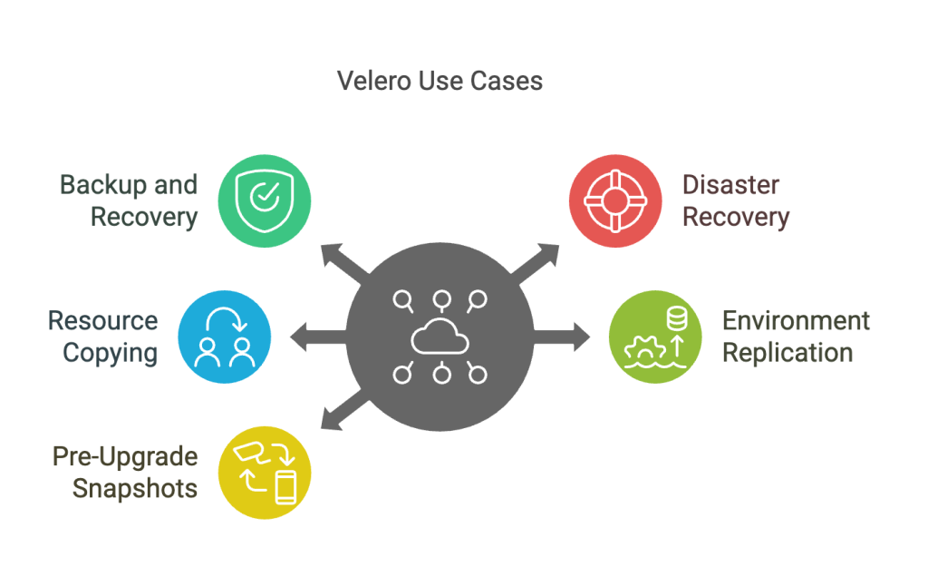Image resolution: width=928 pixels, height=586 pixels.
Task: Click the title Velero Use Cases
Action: [440, 81]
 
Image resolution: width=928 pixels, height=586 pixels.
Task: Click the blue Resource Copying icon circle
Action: [224, 337]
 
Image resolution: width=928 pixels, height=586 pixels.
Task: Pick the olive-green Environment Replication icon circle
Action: [654, 337]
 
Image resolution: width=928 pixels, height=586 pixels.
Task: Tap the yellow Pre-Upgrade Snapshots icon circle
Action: [265, 474]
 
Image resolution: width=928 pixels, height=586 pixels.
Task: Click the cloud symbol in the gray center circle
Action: [440, 337]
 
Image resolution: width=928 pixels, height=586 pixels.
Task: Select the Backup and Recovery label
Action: [129, 200]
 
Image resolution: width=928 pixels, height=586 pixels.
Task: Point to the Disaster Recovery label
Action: [735, 200]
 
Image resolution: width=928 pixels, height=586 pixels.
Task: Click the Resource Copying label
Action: [103, 337]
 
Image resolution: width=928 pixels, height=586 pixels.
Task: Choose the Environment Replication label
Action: [795, 337]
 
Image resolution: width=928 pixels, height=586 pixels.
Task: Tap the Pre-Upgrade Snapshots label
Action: [124, 472]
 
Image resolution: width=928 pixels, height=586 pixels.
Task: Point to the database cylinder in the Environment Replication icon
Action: [675, 319]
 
